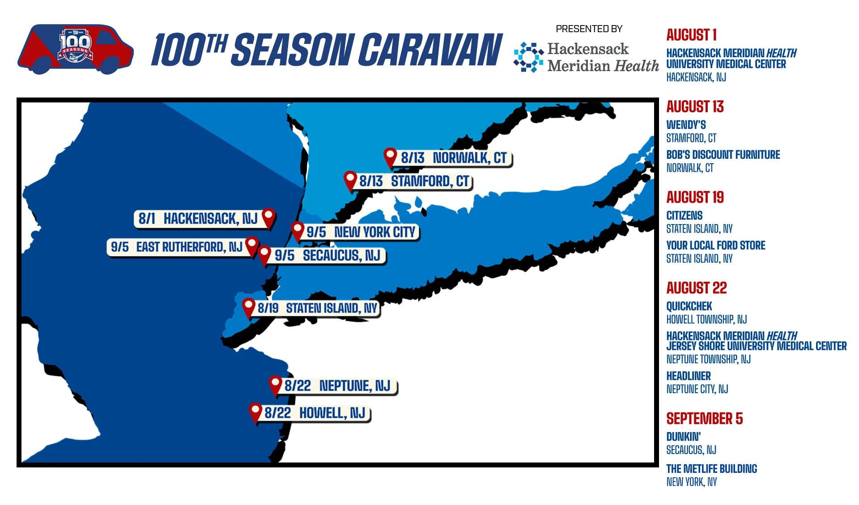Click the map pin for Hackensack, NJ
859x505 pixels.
tap(268, 217)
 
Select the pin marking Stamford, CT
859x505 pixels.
tap(350, 180)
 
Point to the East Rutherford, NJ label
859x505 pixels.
tap(177, 246)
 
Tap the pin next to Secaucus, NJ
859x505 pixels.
tap(264, 255)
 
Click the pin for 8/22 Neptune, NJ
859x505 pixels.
tap(275, 385)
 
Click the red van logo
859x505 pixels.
tap(75, 49)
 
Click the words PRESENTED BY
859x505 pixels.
tap(589, 29)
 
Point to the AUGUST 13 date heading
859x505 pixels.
tap(694, 107)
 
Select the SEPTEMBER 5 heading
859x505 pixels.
tap(704, 419)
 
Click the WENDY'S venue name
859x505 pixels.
tap(686, 125)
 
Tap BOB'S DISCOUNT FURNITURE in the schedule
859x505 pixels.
tap(723, 155)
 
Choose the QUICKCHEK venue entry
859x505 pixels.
tap(689, 306)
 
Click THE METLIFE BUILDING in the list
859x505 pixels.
tap(711, 469)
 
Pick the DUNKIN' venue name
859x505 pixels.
tap(683, 437)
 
